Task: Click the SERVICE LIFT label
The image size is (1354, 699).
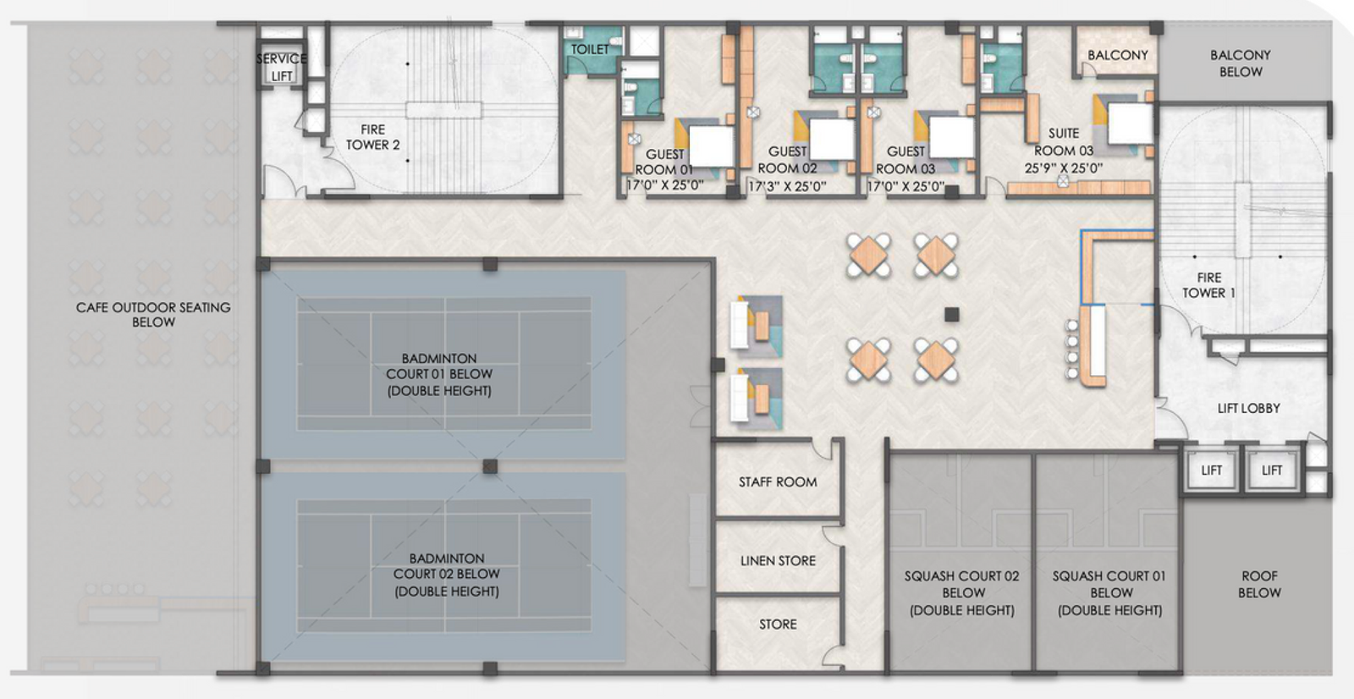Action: pos(281,67)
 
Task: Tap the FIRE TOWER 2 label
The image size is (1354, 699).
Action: pos(372,137)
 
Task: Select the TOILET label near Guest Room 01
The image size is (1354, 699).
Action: pos(590,49)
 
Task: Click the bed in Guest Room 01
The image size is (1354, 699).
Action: pos(709,146)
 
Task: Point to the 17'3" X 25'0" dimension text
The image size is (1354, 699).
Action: pos(787,186)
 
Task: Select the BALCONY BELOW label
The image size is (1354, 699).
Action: pos(1240,63)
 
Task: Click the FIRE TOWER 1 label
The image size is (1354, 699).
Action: pos(1208,285)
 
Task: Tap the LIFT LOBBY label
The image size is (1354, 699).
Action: pos(1248,408)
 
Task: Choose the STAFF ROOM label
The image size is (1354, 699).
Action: pos(778,482)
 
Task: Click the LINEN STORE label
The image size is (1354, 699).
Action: pos(778,561)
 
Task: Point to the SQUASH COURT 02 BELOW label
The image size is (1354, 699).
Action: pos(962,592)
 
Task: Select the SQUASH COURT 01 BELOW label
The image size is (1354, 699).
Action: pos(1109,592)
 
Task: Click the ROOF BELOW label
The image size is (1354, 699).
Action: pos(1259,584)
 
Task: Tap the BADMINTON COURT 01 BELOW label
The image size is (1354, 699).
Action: pos(439,374)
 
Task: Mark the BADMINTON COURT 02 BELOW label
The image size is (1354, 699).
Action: pos(446,575)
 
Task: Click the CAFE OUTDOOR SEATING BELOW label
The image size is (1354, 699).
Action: pos(153,314)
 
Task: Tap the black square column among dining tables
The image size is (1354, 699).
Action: pos(952,315)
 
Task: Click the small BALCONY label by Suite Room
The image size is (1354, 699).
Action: pos(1117,55)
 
